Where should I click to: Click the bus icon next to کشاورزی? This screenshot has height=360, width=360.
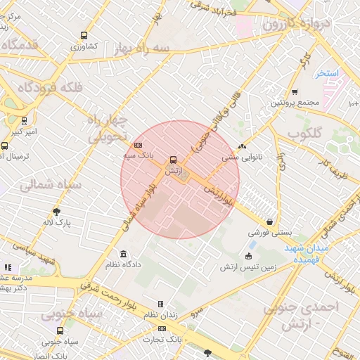click(84, 34)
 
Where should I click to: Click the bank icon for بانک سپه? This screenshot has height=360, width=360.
click(136, 144)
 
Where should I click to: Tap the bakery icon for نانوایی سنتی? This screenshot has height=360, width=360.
click(242, 147)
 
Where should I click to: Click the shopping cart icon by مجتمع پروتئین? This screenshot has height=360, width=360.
click(295, 91)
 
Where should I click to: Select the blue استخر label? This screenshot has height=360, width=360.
click(326, 73)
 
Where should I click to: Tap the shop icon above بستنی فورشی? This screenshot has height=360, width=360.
click(270, 221)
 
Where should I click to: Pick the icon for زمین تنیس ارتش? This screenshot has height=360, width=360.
click(248, 256)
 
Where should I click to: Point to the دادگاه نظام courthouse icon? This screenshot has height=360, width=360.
click(124, 254)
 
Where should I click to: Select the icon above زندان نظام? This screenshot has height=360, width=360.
click(160, 304)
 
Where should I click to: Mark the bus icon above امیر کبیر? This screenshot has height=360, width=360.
click(25, 120)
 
